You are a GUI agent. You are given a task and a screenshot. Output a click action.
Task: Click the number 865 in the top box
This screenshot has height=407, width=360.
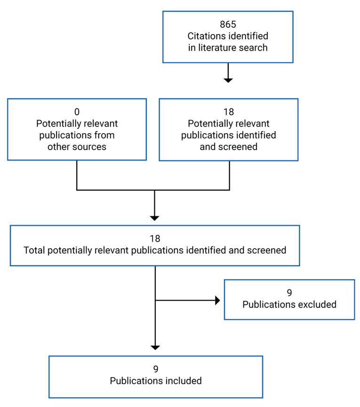coord(228,24)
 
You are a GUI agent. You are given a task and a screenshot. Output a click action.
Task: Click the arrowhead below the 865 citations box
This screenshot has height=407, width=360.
coord(228,80)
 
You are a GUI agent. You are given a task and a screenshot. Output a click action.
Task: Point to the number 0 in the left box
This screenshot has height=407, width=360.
coord(77,112)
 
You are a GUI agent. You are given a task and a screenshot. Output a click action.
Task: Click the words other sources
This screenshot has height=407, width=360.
coord(77,146)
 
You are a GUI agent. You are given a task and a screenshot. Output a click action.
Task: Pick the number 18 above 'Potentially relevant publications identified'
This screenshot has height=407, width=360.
coord(228,112)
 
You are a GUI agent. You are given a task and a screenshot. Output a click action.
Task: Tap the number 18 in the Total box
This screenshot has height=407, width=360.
coord(155,239)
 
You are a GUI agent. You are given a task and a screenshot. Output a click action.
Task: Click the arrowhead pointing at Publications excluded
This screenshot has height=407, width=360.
coord(217,300)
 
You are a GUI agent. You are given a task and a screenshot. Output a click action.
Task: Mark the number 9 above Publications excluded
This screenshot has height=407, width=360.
coord(289,293)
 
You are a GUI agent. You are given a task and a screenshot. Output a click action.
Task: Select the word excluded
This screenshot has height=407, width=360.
coord(316,304)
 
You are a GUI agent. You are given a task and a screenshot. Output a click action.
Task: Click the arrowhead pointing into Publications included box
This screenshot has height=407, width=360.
coord(155,347)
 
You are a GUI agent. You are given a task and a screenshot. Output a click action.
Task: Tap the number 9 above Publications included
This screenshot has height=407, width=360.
coord(155,369)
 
